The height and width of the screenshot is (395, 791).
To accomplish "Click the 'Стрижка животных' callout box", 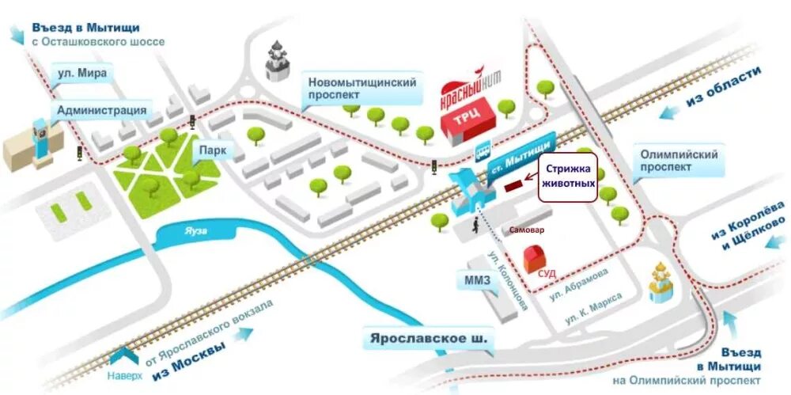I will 568,179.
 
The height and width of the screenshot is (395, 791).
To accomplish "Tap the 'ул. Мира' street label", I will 81,74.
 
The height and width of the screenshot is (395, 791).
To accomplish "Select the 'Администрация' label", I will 101,110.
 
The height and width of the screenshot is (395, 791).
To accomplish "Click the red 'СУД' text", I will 547,273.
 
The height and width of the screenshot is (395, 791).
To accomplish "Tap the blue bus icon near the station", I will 481,152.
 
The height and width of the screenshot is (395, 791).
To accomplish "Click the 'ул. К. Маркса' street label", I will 592,308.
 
